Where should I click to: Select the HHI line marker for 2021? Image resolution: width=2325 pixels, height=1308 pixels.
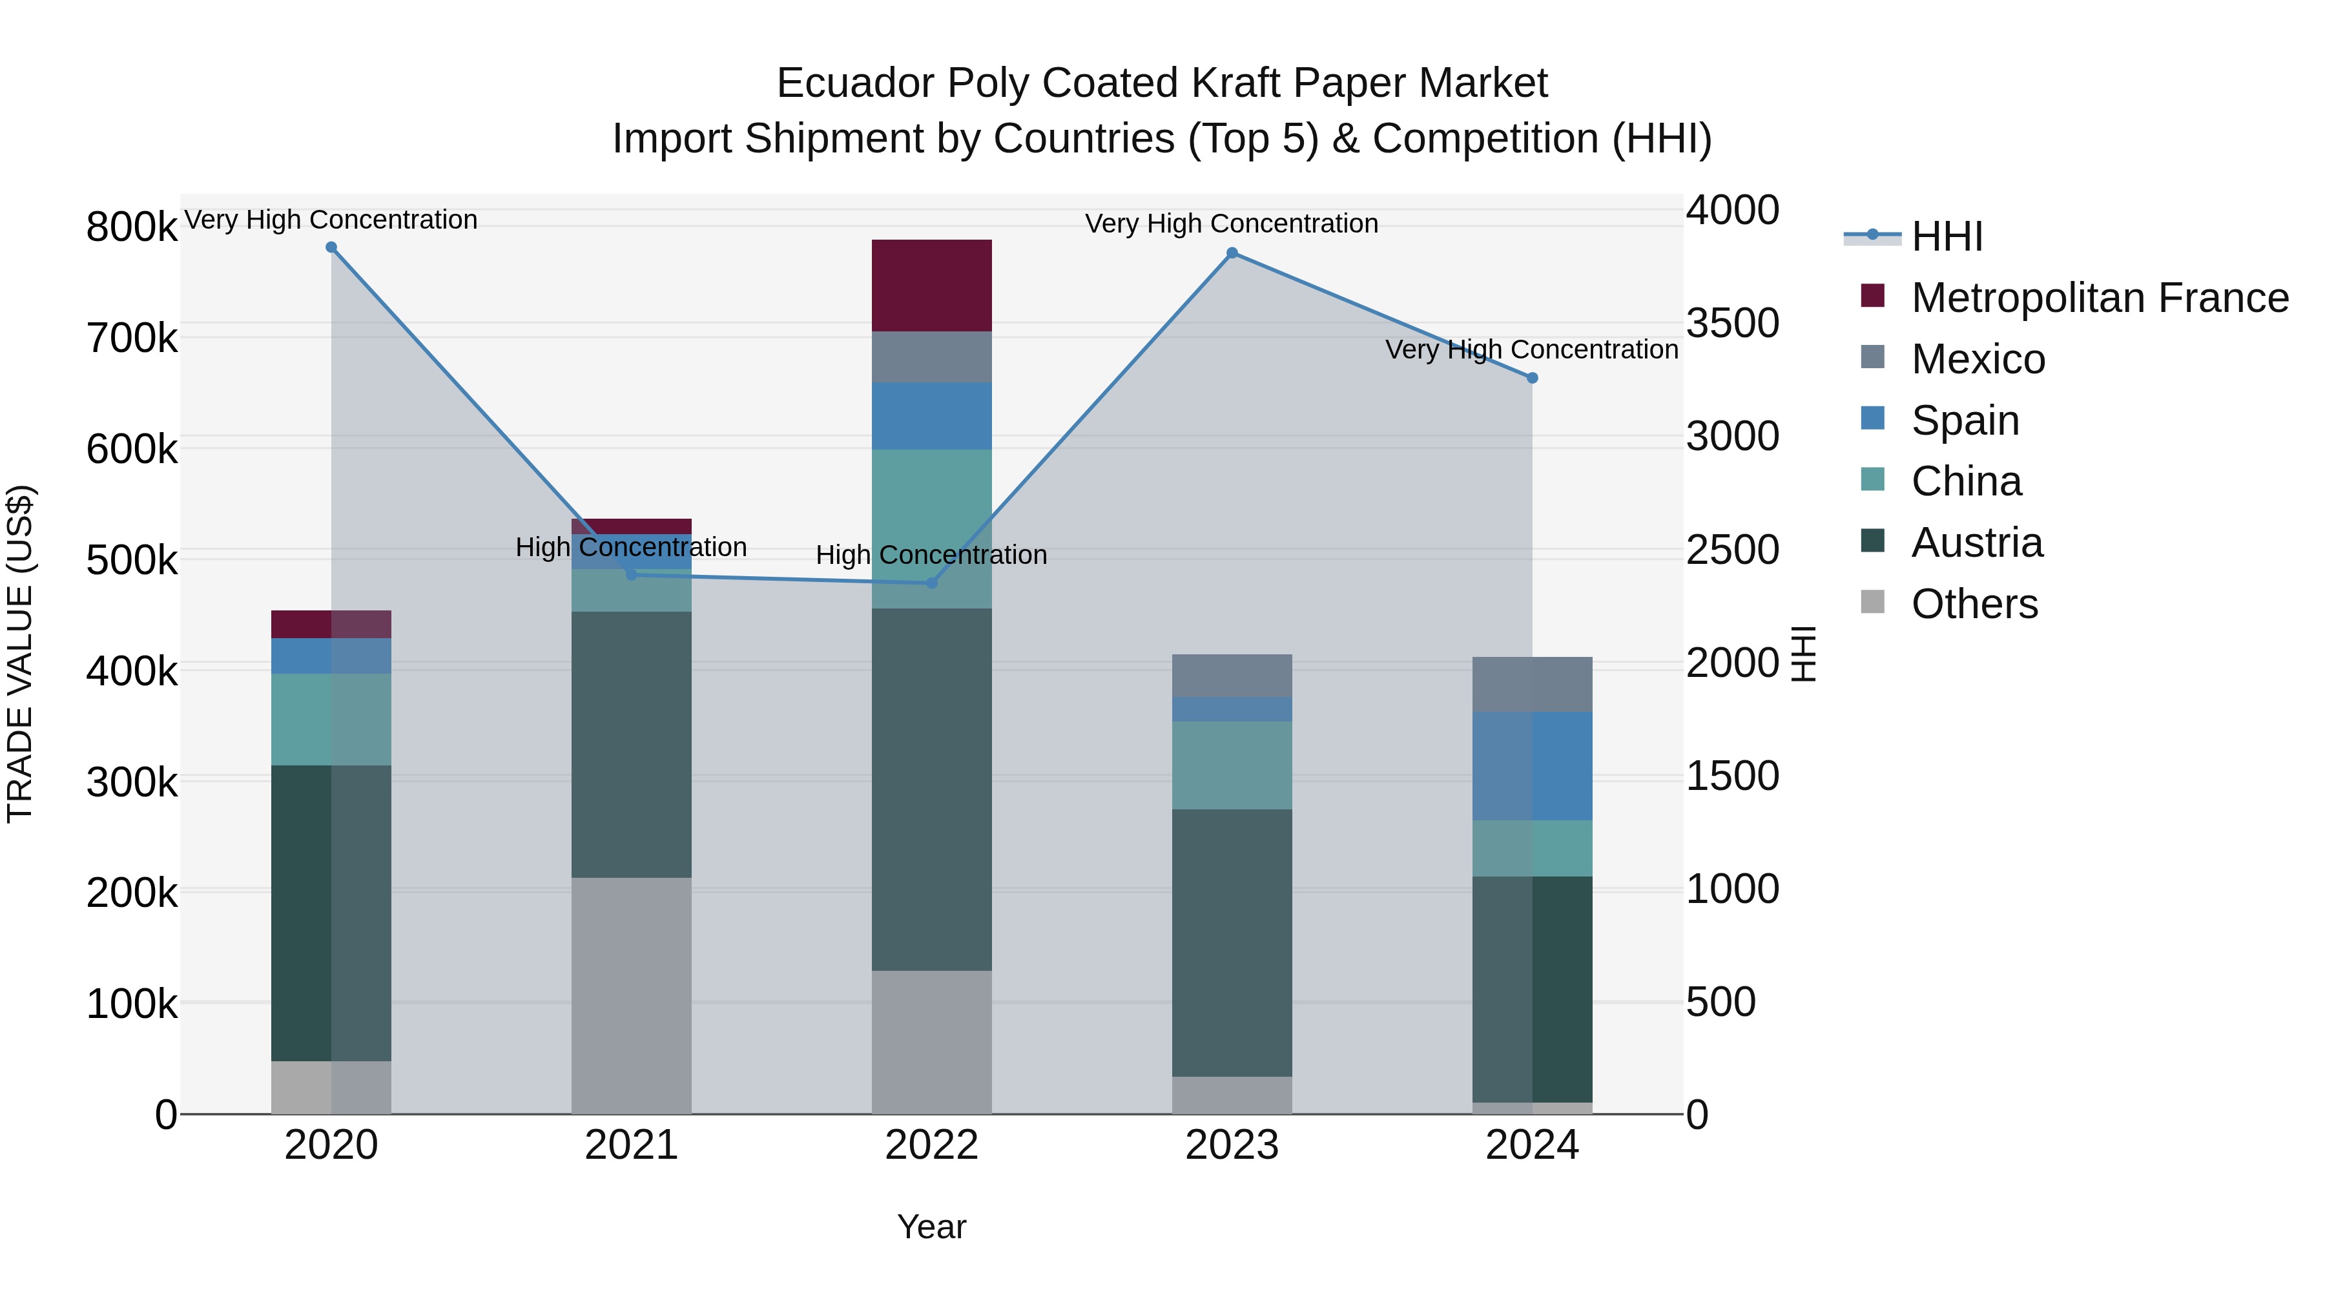[632, 574]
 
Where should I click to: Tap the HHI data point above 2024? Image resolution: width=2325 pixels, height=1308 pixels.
[1533, 379]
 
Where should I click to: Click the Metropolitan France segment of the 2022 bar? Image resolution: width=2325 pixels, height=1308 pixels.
[931, 285]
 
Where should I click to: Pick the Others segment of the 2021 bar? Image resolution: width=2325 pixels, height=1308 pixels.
[632, 995]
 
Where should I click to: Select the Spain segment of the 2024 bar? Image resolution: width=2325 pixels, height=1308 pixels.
[1533, 765]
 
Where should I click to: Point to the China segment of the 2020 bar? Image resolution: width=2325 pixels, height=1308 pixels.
[331, 720]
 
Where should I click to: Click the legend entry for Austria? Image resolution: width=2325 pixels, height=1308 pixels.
[1977, 543]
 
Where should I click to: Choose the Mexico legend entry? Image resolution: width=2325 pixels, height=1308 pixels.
[1978, 359]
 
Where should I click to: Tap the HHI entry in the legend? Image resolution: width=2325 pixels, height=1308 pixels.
[1947, 236]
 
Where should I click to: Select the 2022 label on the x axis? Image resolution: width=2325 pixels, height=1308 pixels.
[931, 1145]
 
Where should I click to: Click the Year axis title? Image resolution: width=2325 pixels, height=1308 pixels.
[931, 1227]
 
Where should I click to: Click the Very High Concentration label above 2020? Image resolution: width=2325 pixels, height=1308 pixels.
[331, 220]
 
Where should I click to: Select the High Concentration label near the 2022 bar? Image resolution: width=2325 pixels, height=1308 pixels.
[931, 554]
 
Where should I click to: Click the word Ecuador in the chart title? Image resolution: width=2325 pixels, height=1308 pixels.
[854, 83]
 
